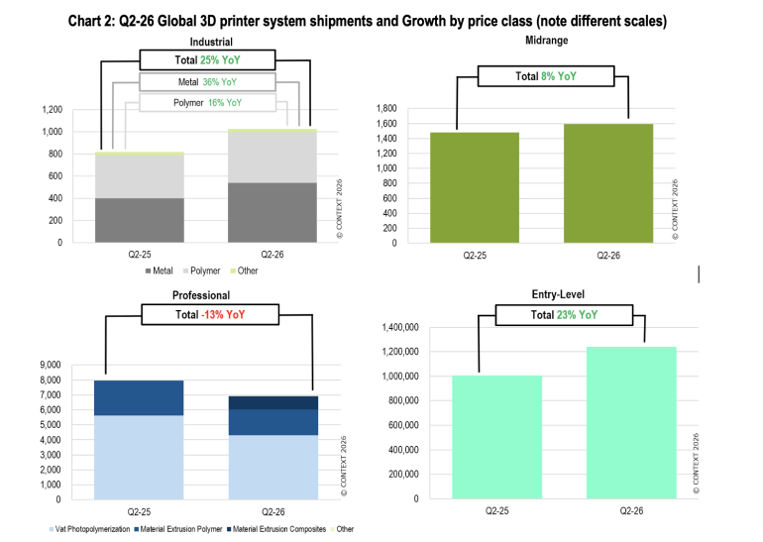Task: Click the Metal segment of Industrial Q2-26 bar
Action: click(x=272, y=213)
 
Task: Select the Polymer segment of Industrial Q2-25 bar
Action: click(x=139, y=176)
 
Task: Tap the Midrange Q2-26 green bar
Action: click(x=608, y=183)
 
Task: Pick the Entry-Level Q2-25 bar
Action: click(x=496, y=437)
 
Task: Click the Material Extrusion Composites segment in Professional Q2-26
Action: click(x=272, y=403)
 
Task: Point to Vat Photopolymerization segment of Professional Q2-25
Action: click(x=139, y=458)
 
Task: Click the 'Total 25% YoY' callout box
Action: click(x=207, y=59)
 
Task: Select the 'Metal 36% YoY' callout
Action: click(x=207, y=81)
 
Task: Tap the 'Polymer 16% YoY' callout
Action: click(x=207, y=103)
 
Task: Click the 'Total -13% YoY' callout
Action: click(x=210, y=314)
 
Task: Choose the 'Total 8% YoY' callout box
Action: click(x=546, y=76)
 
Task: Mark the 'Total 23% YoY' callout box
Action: click(x=564, y=315)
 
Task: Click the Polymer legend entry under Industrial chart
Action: click(x=202, y=271)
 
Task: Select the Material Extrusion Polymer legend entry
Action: click(x=178, y=529)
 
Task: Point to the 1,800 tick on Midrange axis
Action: click(x=386, y=108)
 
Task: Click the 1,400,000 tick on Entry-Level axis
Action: click(x=400, y=327)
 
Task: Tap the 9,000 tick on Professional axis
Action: click(x=51, y=365)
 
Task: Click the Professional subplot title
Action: click(x=201, y=295)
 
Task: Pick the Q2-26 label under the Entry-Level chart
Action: click(x=631, y=511)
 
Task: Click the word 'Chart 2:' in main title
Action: click(x=91, y=22)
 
